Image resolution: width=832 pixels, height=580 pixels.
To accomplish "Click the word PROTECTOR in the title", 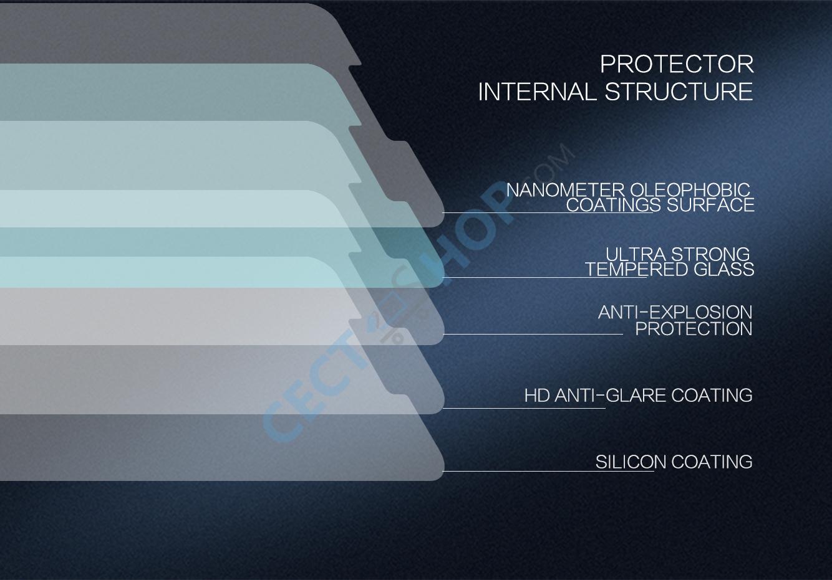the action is (677, 65).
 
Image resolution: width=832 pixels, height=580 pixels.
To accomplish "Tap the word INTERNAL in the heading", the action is (537, 92).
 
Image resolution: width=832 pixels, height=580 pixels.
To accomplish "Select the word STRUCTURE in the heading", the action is (679, 92).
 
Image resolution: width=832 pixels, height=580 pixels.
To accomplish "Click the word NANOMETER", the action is (566, 191).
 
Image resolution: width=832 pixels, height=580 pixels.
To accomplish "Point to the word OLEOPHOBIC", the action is (690, 191).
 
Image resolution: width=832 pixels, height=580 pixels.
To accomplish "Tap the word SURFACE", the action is (710, 205).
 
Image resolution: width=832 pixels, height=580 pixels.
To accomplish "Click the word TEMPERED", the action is (636, 269).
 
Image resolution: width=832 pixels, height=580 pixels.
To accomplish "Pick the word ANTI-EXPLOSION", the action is (675, 313).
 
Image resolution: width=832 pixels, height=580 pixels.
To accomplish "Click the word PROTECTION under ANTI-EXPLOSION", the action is (694, 329).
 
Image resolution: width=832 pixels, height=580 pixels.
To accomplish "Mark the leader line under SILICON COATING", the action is (548, 471).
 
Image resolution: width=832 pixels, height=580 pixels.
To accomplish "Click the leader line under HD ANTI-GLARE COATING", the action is (524, 408).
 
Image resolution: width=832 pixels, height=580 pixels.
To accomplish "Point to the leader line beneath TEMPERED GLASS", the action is (545, 278).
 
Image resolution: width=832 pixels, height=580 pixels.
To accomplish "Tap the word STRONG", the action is (710, 255).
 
